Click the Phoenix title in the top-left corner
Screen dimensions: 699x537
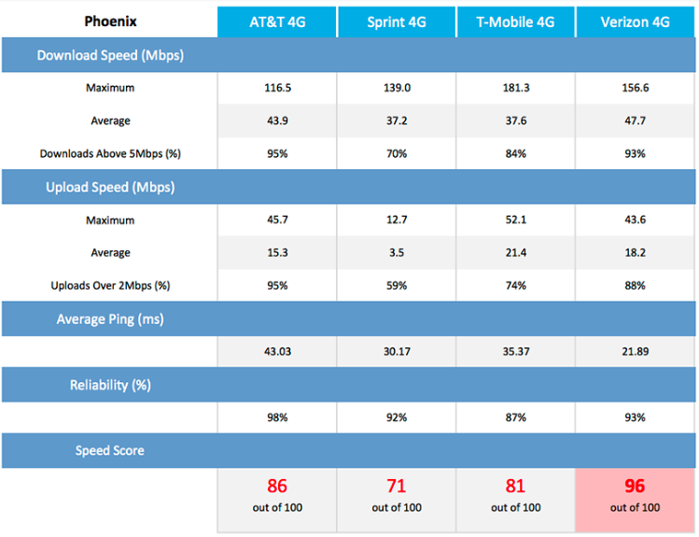[110, 21]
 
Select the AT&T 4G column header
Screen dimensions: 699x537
[277, 21]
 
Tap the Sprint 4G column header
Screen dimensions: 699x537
[397, 21]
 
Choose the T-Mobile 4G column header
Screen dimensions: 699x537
[515, 21]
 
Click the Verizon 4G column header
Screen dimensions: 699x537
[635, 21]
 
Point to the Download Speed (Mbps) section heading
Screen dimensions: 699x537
[110, 55]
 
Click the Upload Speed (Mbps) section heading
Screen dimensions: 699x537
[110, 188]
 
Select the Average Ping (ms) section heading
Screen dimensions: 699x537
[110, 319]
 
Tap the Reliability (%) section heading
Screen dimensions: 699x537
[110, 385]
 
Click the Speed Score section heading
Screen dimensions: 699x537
[110, 450]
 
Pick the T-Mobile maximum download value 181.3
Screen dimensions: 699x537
[516, 88]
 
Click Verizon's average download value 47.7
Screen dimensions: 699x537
[635, 120]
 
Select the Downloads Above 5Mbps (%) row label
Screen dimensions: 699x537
[110, 153]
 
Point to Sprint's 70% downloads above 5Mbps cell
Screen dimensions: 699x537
[397, 153]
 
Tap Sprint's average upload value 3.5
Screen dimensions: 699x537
[397, 252]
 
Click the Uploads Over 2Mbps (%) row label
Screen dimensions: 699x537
[110, 286]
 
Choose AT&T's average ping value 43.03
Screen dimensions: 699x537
[277, 351]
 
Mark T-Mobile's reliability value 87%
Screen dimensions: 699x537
[516, 417]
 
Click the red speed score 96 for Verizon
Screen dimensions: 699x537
[635, 486]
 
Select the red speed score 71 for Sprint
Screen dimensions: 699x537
[397, 486]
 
